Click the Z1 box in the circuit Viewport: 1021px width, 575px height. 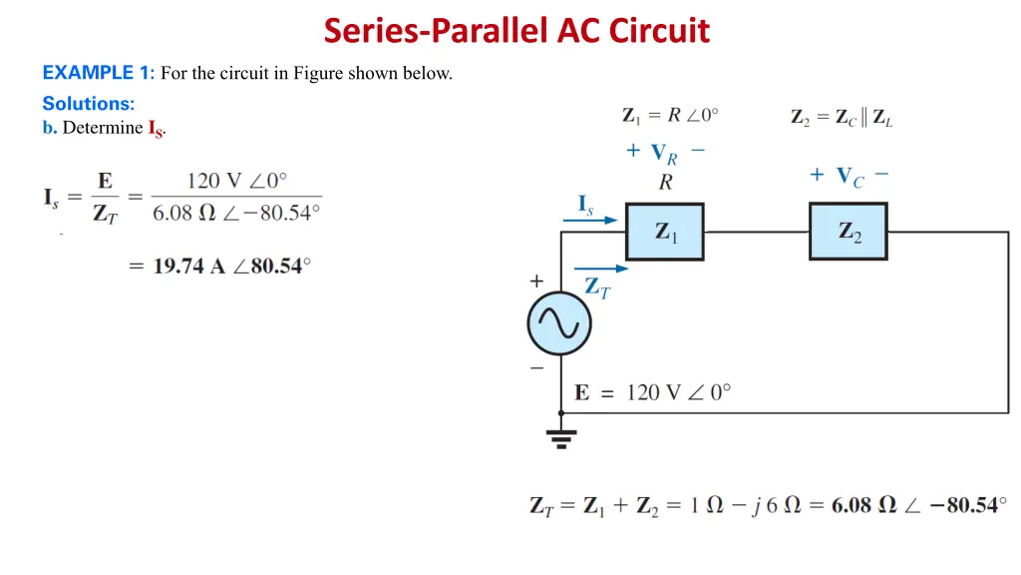[x=665, y=232]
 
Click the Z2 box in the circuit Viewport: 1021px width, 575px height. [x=848, y=232]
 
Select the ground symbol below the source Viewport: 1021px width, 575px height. [x=561, y=436]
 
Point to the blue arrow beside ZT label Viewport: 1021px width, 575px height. [x=602, y=269]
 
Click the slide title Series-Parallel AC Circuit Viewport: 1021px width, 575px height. [x=516, y=31]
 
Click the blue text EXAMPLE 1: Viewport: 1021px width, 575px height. [x=98, y=72]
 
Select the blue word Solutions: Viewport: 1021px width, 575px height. [x=88, y=103]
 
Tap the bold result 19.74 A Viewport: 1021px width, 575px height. [x=189, y=267]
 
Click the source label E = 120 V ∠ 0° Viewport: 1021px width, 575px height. [x=653, y=392]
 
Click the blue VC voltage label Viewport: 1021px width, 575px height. [x=850, y=177]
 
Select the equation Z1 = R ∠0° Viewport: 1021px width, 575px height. [x=669, y=116]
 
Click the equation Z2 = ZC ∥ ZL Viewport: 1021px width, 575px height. [x=842, y=117]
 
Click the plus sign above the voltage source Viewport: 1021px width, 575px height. [x=536, y=282]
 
